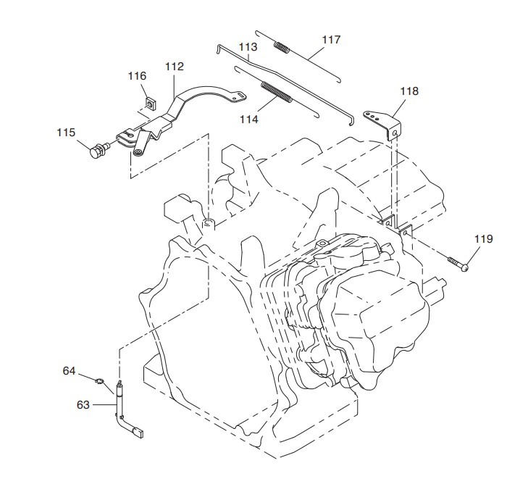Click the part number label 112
click(175, 67)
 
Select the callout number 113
click(248, 46)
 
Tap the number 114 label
click(249, 120)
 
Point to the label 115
click(66, 133)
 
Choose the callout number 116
click(137, 76)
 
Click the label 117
click(331, 40)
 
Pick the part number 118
click(409, 91)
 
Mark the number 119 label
click(484, 239)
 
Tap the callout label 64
click(69, 371)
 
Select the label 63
click(83, 404)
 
